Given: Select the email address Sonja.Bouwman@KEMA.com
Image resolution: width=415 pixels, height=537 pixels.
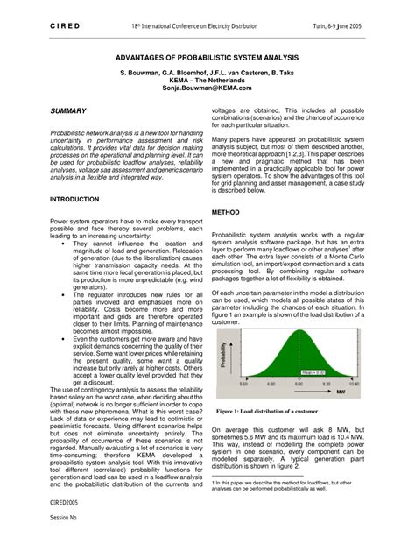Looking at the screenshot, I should pyautogui.click(x=207, y=89).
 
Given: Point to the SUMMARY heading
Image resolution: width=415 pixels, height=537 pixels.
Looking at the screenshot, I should pyautogui.click(x=68, y=110).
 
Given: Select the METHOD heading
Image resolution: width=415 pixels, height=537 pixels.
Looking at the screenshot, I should pyautogui.click(x=225, y=212).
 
